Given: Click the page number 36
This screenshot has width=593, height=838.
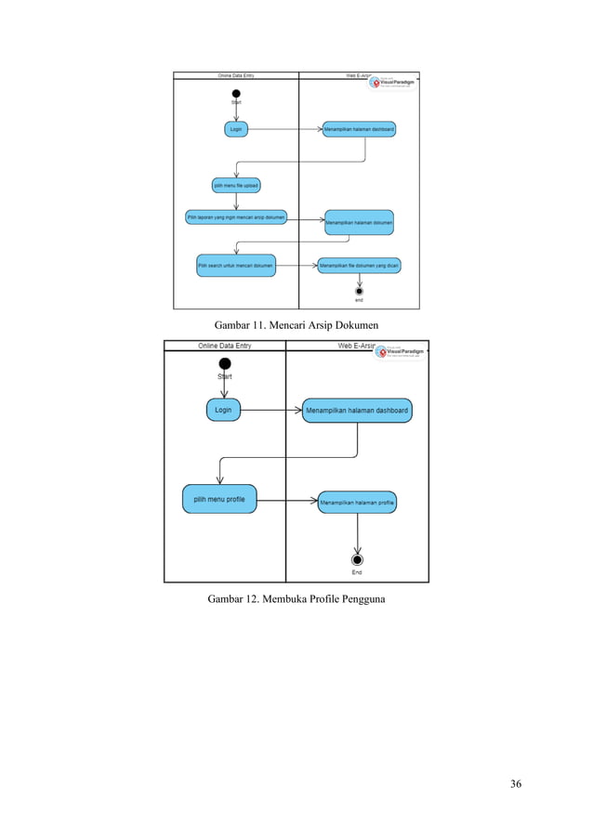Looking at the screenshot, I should coord(516,784).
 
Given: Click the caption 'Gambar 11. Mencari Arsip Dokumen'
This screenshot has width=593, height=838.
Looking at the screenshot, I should coord(296,324).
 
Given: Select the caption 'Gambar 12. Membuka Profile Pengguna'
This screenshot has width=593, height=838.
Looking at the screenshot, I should coord(296,598).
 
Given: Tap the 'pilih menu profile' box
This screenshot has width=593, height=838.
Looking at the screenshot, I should coord(219,499).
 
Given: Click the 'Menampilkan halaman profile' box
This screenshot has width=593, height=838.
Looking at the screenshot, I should coord(358,503).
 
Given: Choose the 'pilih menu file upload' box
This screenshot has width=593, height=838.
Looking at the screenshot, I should coord(236,185).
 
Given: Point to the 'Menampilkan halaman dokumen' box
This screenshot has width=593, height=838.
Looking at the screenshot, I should coord(359,223).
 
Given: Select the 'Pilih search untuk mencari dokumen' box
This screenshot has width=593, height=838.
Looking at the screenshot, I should coord(236,266).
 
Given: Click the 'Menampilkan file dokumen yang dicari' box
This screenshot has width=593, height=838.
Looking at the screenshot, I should coord(360,266).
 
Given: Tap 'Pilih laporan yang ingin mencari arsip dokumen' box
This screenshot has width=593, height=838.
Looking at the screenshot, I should coord(236,216).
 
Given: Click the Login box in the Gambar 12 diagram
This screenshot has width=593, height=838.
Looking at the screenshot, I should coord(223,410).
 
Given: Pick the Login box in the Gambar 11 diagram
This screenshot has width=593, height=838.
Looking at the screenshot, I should coord(236,129).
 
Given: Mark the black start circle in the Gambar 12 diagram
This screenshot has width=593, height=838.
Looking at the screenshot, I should coord(224,363).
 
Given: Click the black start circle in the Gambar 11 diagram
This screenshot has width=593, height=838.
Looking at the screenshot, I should coord(236,93).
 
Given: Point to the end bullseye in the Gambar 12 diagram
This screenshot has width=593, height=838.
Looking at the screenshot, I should coord(357,559).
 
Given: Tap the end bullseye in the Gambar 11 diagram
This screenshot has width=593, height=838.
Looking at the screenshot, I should coord(359,290).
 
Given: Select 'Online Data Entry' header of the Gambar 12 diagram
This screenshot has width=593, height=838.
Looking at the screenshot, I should coord(224,346).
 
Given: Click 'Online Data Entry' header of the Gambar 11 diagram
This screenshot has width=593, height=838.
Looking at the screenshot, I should coord(236,75).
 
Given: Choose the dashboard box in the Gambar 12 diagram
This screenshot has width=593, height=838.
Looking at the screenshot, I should coord(357,411).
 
